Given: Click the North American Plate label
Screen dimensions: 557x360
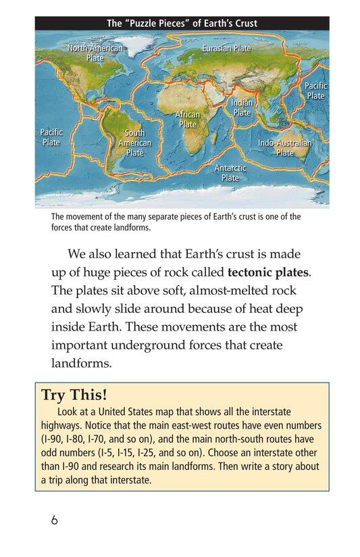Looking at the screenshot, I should (x=95, y=53).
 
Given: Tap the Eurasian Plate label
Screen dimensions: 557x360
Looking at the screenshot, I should (x=226, y=49).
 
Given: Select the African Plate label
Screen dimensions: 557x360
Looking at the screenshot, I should (x=187, y=120).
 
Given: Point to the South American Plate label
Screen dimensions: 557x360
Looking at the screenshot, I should (x=135, y=143).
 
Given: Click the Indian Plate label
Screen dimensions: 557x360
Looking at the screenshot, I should (x=242, y=107).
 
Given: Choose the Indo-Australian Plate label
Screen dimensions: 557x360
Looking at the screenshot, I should (x=285, y=148).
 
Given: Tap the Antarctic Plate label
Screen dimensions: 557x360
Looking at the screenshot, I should (x=230, y=172).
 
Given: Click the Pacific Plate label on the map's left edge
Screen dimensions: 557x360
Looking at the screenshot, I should (x=51, y=138).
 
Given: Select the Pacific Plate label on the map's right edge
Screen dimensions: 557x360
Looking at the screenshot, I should (x=315, y=91).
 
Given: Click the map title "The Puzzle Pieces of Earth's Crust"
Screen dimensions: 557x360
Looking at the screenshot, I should (x=182, y=24).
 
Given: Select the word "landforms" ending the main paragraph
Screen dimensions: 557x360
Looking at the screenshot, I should (x=80, y=363).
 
